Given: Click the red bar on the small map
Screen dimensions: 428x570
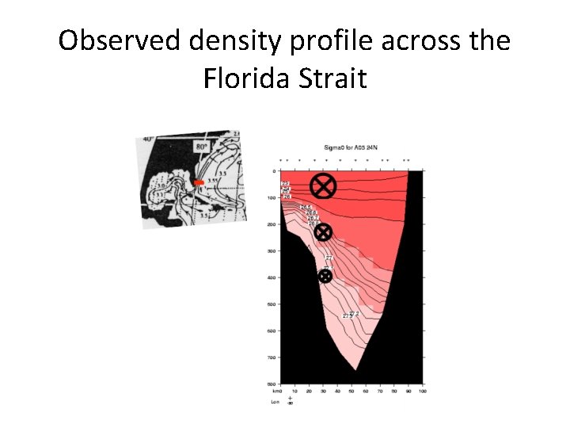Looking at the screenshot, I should pyautogui.click(x=199, y=182).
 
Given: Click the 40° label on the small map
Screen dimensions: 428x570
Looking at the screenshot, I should pyautogui.click(x=148, y=139).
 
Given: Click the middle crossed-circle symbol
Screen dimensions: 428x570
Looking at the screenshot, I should pyautogui.click(x=324, y=231).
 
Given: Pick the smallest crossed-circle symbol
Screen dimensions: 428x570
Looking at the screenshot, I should pyautogui.click(x=325, y=276).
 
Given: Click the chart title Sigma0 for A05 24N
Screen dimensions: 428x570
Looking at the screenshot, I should pyautogui.click(x=351, y=148).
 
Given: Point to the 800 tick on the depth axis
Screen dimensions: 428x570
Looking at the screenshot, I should pyautogui.click(x=272, y=384).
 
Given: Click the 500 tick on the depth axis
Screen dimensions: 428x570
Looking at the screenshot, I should pyautogui.click(x=272, y=304).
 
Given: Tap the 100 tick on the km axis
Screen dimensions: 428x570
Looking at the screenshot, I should pyautogui.click(x=422, y=391).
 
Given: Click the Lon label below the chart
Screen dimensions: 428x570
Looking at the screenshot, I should pyautogui.click(x=276, y=402).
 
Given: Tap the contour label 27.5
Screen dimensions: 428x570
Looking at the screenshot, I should pyautogui.click(x=347, y=315).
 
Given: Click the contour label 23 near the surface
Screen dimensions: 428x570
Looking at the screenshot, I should pyautogui.click(x=286, y=183).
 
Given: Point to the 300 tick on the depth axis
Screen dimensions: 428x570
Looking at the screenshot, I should pyautogui.click(x=272, y=250).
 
